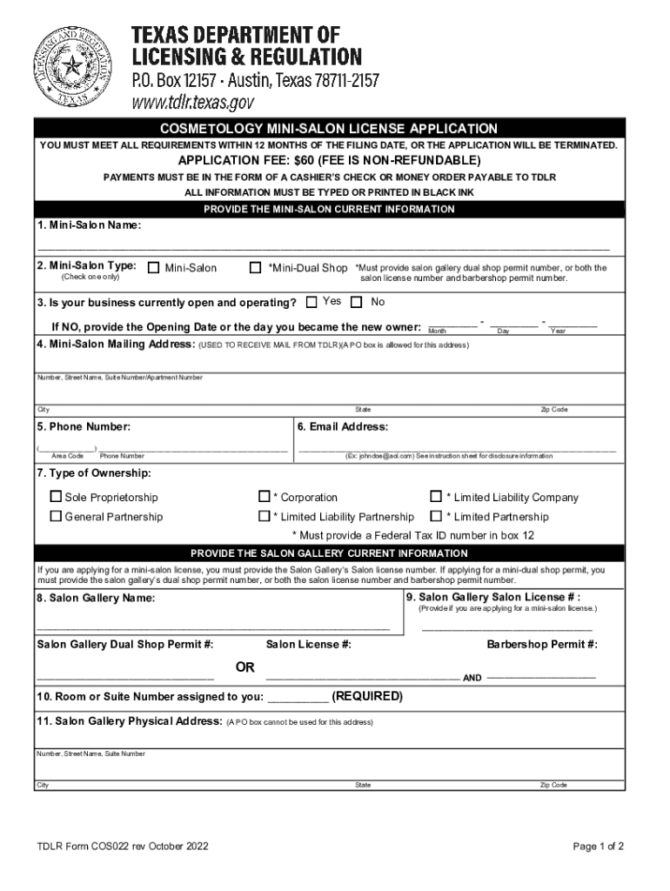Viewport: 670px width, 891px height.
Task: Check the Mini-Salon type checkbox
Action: tap(153, 268)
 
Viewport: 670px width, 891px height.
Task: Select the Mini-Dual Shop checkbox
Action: tap(255, 268)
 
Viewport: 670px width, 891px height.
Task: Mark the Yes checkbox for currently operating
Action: tap(312, 303)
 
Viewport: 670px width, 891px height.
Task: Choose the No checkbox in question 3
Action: tap(356, 303)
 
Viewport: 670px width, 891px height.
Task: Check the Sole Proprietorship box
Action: tap(57, 498)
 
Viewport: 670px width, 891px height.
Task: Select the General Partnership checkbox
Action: tap(57, 517)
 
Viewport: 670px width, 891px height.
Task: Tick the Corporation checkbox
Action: tap(265, 498)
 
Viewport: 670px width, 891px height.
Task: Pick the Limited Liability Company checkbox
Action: tap(436, 498)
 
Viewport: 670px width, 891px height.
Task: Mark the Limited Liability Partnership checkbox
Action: tap(265, 517)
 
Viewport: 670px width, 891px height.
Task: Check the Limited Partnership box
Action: tap(436, 517)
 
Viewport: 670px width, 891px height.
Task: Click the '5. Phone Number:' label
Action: tap(84, 427)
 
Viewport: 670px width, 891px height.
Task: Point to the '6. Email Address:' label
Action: tap(343, 427)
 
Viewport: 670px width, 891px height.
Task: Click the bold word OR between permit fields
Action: tap(245, 667)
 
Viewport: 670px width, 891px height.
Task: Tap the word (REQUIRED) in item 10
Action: tap(368, 697)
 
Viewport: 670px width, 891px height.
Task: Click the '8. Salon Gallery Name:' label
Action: tap(96, 599)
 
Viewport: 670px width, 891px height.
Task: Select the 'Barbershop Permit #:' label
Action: tap(542, 645)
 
